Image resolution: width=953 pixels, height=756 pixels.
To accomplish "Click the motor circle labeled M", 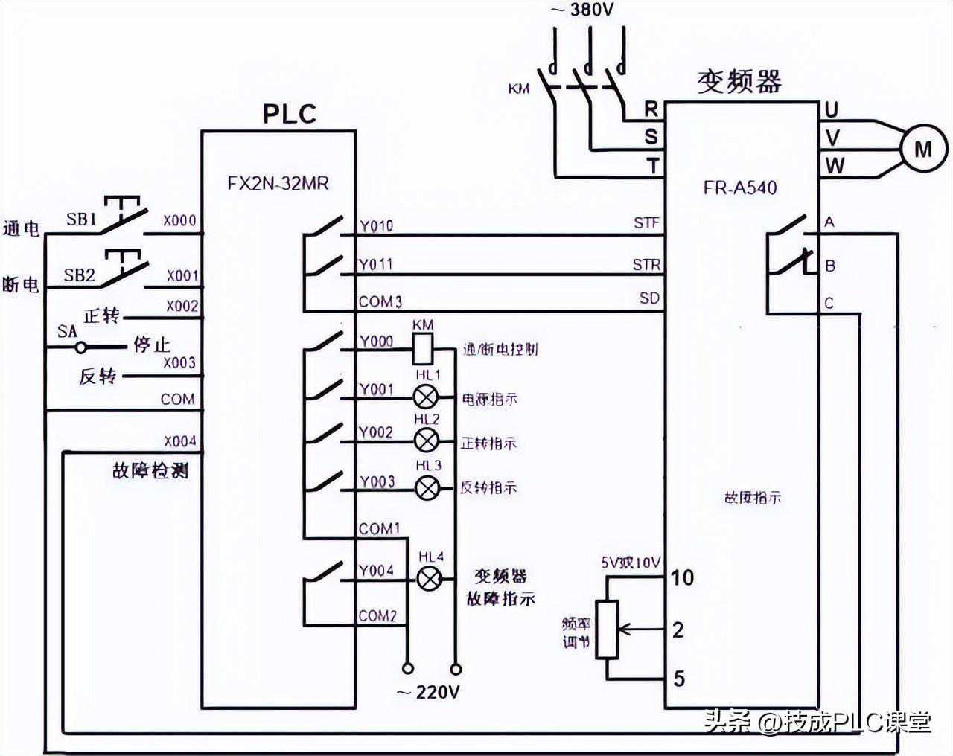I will (x=923, y=149).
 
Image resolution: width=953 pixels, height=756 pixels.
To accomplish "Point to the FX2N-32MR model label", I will (x=278, y=183).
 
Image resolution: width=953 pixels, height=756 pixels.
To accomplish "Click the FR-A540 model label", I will (x=739, y=188).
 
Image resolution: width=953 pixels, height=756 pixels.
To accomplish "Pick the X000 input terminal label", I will (x=180, y=220).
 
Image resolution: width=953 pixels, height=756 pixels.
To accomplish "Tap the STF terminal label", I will (x=646, y=222).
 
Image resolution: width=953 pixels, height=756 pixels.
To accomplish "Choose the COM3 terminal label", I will (x=380, y=301).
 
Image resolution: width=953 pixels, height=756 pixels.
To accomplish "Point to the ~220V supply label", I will (x=428, y=693).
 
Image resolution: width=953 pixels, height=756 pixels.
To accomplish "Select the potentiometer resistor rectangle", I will (x=608, y=630).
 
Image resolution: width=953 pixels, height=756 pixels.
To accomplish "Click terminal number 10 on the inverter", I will (x=682, y=577).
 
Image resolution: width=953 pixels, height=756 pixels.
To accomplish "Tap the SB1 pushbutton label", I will (x=81, y=220).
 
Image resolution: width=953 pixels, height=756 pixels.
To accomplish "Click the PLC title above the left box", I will (x=290, y=114).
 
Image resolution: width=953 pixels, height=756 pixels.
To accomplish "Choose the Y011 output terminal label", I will (x=375, y=264).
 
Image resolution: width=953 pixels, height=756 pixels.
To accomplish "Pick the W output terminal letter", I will (x=835, y=165).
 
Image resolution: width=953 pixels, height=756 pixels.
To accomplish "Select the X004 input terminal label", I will (x=180, y=441).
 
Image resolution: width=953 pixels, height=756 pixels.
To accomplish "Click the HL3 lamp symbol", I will (x=427, y=487).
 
